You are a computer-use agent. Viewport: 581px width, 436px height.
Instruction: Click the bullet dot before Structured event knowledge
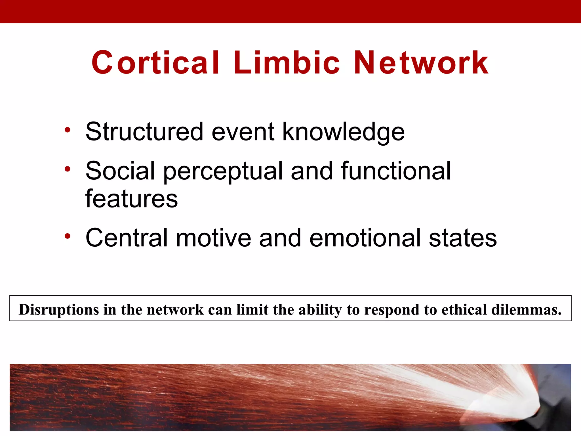[x=67, y=130]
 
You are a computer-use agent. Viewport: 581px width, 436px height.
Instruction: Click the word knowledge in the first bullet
[x=344, y=132]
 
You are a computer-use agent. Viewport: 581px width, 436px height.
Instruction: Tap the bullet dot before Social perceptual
[x=67, y=169]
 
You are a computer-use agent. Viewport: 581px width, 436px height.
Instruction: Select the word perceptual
[x=223, y=171]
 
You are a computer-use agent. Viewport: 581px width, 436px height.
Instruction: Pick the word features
[x=131, y=199]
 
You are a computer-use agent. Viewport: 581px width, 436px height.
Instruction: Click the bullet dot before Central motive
[x=67, y=236]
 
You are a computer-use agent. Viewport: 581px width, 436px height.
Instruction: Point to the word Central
[x=127, y=238]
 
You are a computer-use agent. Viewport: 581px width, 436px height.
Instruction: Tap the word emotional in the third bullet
[x=365, y=238]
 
